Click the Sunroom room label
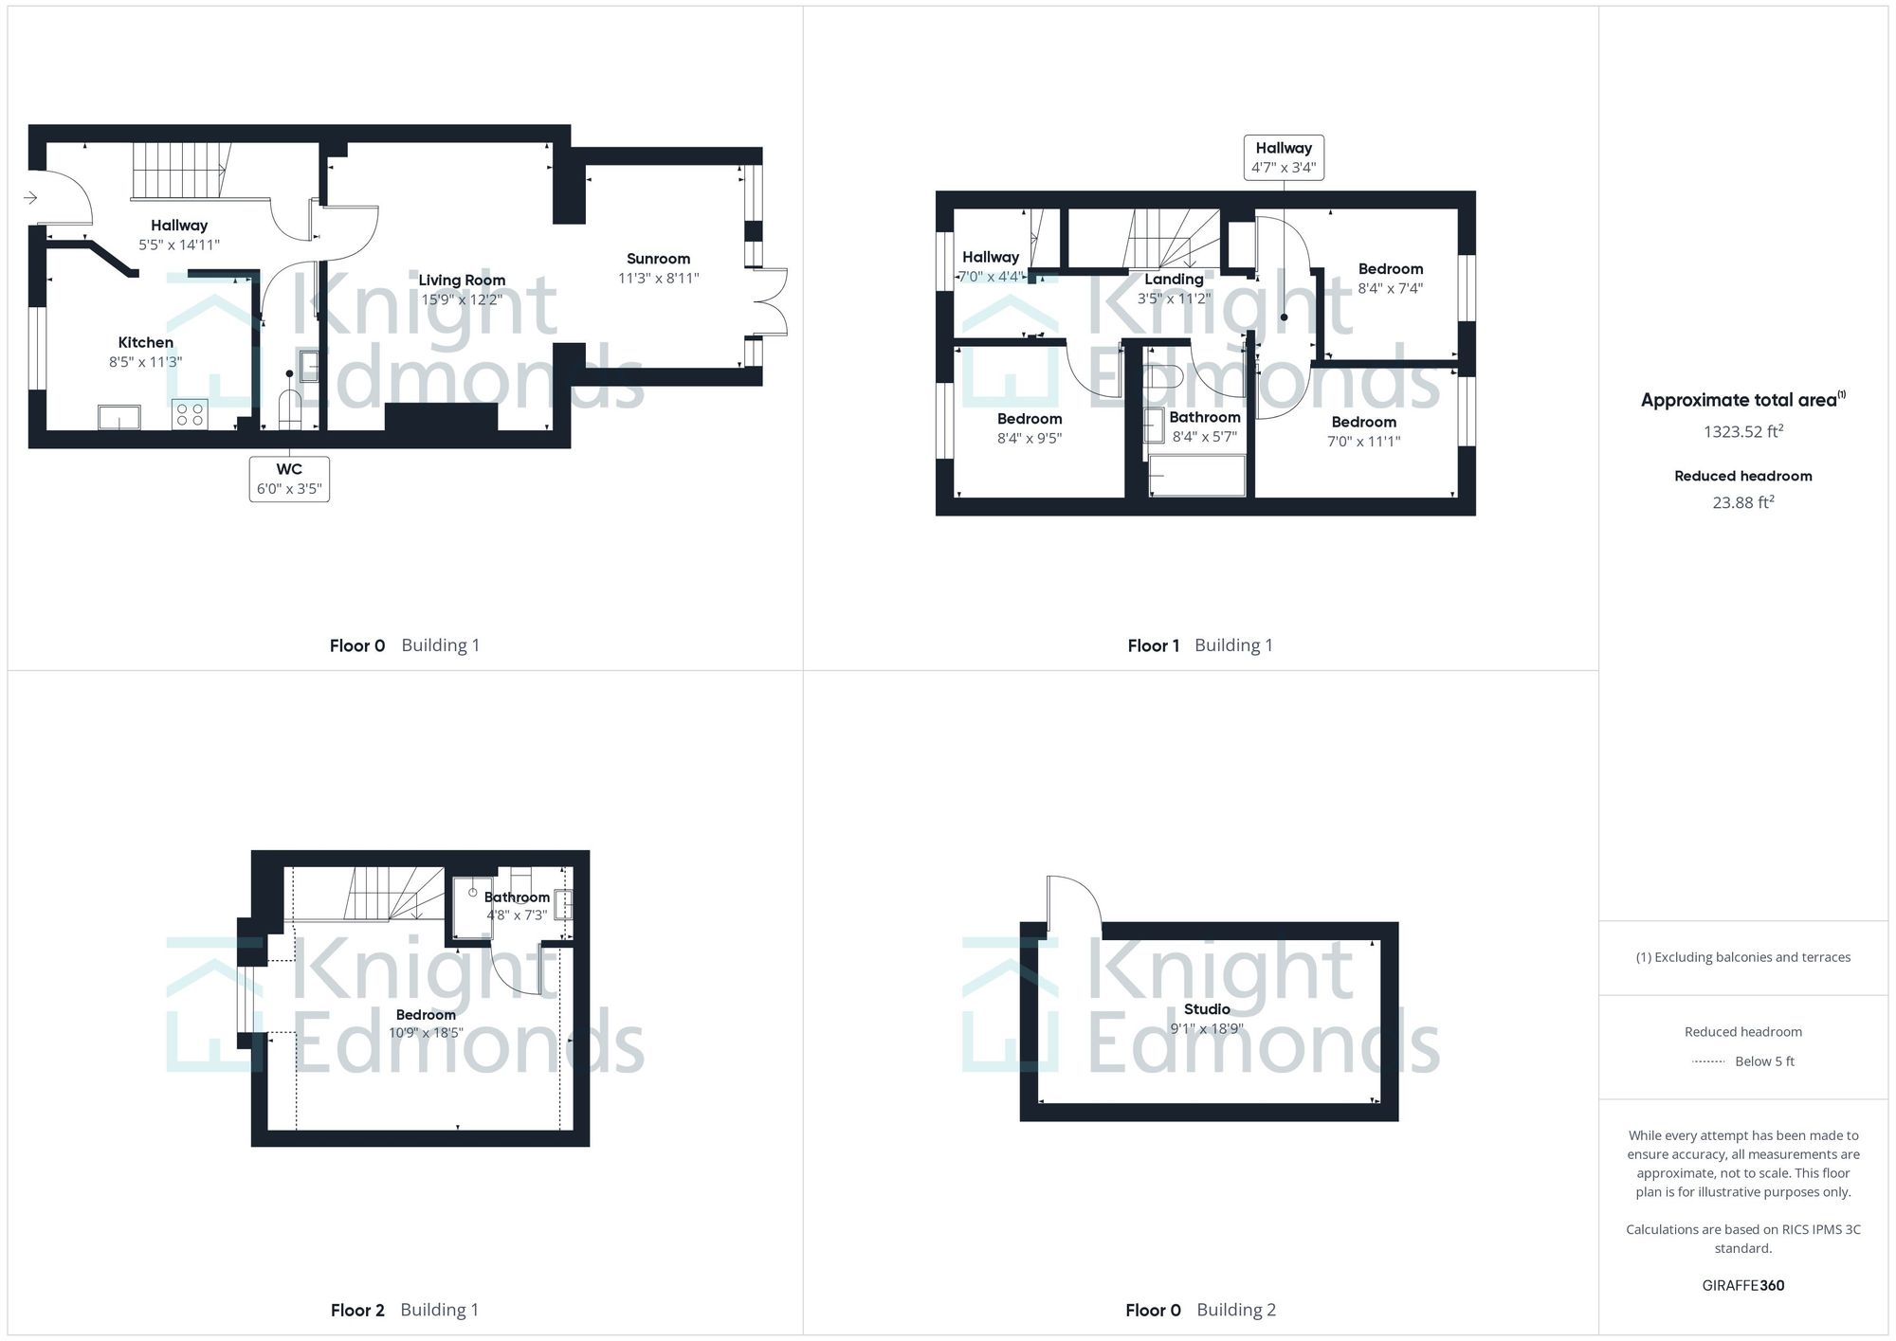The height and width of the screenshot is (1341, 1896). click(x=658, y=259)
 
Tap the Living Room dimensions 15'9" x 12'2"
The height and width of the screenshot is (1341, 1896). click(x=462, y=299)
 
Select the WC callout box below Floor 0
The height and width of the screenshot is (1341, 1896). click(x=289, y=479)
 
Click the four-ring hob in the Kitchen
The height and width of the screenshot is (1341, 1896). click(x=189, y=414)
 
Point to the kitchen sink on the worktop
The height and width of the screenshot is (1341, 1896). click(x=118, y=417)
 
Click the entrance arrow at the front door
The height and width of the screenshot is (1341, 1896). click(x=30, y=197)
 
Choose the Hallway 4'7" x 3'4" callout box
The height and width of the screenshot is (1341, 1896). click(x=1284, y=157)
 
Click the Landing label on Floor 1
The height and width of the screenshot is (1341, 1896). click(x=1174, y=280)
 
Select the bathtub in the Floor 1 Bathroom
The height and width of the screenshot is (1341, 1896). click(x=1196, y=475)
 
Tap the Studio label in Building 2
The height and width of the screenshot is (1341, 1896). click(x=1207, y=1009)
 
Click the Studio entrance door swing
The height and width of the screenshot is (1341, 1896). click(x=1073, y=900)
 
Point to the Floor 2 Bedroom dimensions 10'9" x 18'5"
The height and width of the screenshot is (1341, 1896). click(x=426, y=1033)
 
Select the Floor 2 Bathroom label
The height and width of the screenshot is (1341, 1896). click(x=517, y=897)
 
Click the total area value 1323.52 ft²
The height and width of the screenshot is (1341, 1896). click(x=1742, y=432)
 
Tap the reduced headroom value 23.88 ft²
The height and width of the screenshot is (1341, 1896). click(x=1742, y=503)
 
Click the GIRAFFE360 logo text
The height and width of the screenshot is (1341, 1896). click(x=1742, y=1285)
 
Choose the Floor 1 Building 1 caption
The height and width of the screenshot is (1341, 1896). click(x=1199, y=645)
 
